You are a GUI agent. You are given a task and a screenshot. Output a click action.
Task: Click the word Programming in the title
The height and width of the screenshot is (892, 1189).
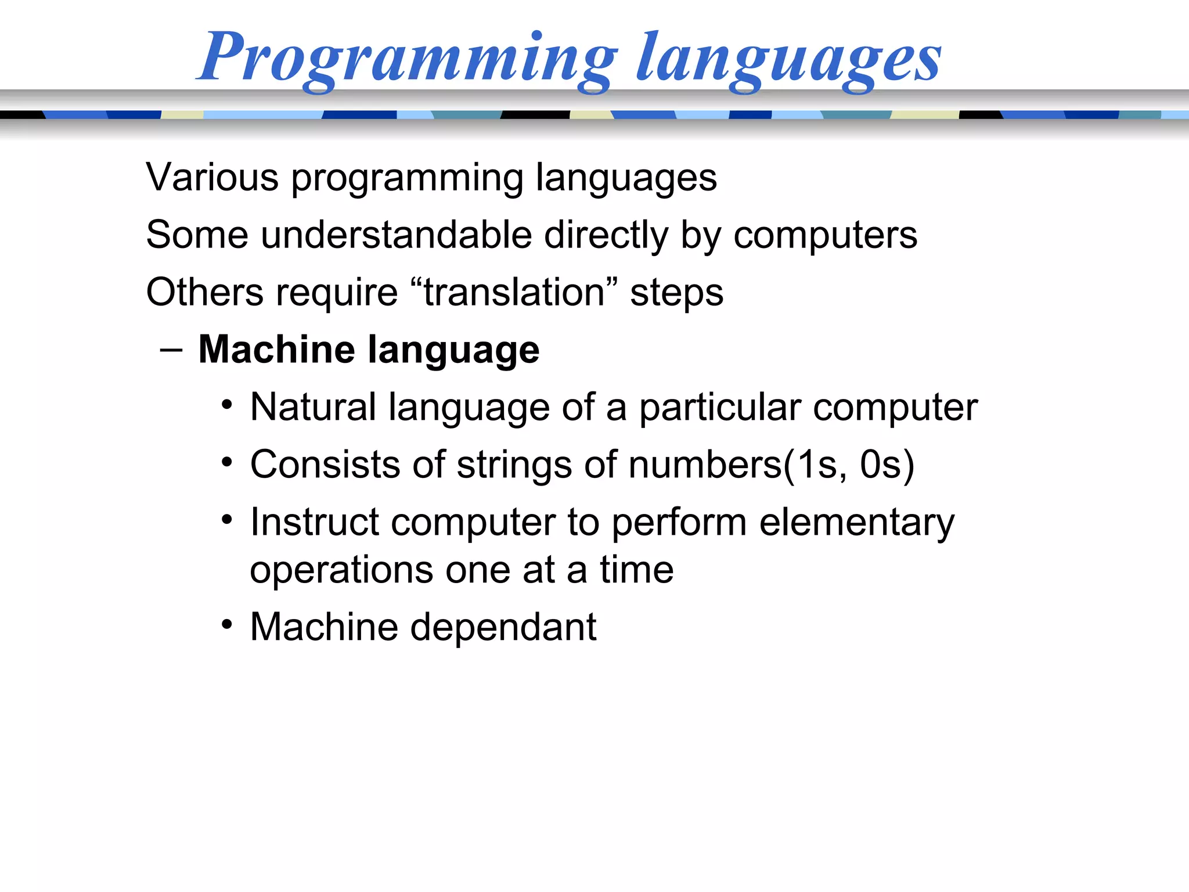(406, 58)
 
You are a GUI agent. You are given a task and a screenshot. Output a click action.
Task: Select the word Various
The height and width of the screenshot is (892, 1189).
(212, 177)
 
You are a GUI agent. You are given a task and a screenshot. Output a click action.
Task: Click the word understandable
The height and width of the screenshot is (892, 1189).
(396, 235)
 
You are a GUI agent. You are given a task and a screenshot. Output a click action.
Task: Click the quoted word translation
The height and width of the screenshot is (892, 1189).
(514, 292)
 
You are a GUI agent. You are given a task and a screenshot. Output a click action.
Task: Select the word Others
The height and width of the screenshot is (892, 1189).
(204, 292)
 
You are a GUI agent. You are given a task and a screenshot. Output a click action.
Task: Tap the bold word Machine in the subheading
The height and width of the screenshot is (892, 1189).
(276, 350)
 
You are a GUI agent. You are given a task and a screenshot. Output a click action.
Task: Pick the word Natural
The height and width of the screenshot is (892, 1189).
(313, 407)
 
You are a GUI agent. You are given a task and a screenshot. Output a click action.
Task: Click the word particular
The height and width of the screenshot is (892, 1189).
(720, 407)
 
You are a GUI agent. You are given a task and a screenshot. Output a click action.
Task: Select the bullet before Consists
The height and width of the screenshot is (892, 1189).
(227, 462)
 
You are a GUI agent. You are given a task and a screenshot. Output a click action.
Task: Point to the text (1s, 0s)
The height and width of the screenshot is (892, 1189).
(849, 465)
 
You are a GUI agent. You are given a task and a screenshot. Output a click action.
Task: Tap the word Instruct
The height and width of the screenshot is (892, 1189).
(314, 522)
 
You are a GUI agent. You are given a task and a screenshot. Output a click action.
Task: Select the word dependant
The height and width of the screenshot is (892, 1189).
(503, 627)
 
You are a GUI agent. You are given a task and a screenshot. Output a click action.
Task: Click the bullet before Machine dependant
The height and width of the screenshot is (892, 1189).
(227, 625)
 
